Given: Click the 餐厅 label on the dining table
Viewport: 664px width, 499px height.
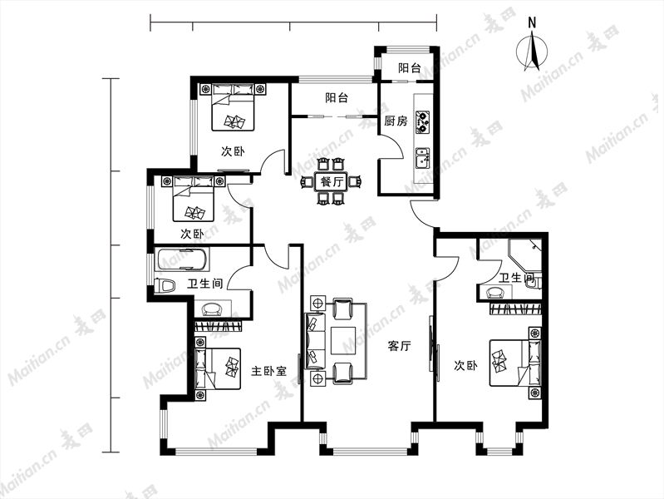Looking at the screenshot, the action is click(331, 182).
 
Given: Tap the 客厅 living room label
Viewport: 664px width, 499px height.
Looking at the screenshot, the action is click(400, 346).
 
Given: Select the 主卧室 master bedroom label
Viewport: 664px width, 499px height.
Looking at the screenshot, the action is click(269, 372).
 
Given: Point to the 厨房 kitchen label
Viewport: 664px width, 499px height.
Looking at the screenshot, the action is click(396, 121).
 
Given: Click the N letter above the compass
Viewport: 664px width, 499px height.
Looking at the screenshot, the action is click(533, 22).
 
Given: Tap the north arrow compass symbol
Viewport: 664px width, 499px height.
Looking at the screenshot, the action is click(533, 52).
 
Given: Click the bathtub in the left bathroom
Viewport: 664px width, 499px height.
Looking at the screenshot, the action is click(182, 259).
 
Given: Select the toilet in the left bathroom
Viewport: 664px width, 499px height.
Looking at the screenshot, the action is click(165, 285).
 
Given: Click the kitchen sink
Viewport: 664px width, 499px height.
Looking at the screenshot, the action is click(423, 158).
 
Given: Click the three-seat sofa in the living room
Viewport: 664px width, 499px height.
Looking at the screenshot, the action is click(315, 340).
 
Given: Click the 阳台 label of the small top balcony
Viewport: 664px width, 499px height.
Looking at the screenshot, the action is click(410, 68).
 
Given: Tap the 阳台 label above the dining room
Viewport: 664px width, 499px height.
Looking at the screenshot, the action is click(337, 98).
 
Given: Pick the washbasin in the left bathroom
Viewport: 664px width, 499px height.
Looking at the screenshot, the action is click(213, 309).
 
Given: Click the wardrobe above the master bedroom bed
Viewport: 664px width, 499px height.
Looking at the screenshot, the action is click(219, 326).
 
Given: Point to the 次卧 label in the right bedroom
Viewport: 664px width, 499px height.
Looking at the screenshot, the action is click(465, 365).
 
